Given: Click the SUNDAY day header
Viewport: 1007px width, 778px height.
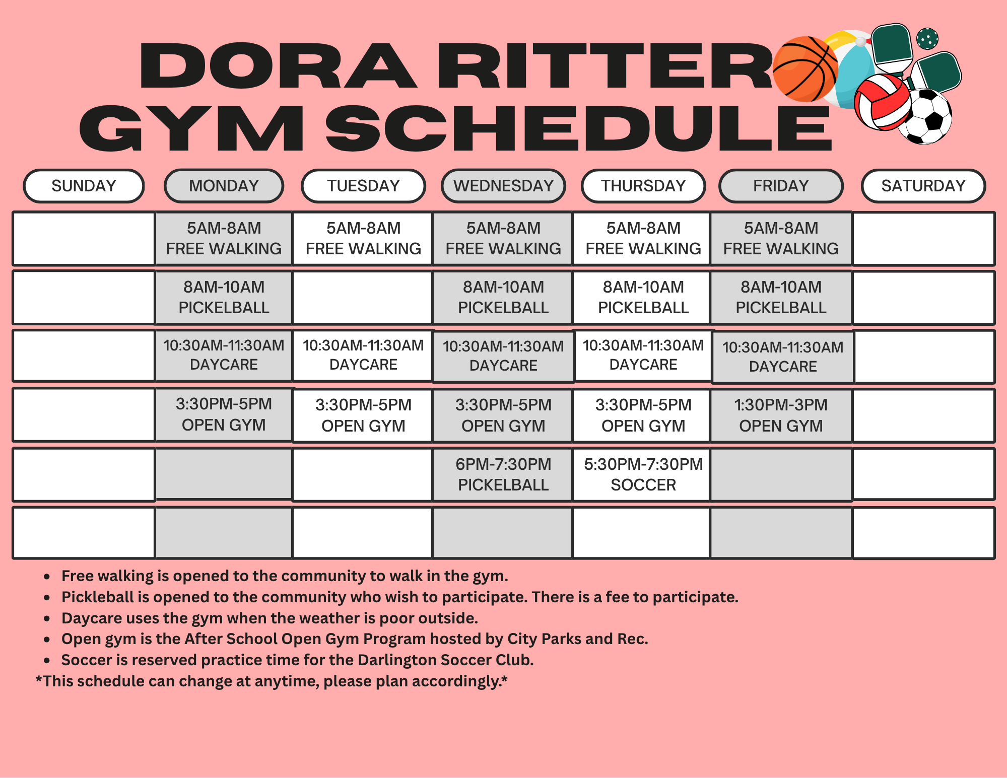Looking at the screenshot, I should point(84,186).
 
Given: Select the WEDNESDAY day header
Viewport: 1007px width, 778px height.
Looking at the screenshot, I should point(503,186).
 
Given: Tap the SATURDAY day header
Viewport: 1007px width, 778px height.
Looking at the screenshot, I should point(923,186).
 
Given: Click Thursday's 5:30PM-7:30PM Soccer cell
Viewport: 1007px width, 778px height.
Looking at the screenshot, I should point(643,474).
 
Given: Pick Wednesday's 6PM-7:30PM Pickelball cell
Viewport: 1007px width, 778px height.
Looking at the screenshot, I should point(503,474).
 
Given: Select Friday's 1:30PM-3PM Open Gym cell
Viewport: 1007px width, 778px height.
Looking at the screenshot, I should point(781,415).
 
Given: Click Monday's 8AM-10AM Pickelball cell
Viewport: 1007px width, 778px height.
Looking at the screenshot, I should point(224,297).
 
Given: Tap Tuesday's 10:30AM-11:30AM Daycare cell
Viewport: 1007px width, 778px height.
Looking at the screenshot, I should point(363,355).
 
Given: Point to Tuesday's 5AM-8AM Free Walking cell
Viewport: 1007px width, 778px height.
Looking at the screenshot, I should point(363,238).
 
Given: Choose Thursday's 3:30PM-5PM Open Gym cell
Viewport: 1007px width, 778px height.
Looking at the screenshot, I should point(643,415).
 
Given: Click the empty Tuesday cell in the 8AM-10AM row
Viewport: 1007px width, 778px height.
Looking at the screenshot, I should point(363,297).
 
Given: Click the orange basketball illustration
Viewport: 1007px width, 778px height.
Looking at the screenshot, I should point(804,69).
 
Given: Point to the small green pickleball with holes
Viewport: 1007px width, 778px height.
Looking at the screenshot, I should point(927,38).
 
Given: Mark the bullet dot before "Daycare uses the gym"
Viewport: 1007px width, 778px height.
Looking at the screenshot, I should point(47,619).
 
